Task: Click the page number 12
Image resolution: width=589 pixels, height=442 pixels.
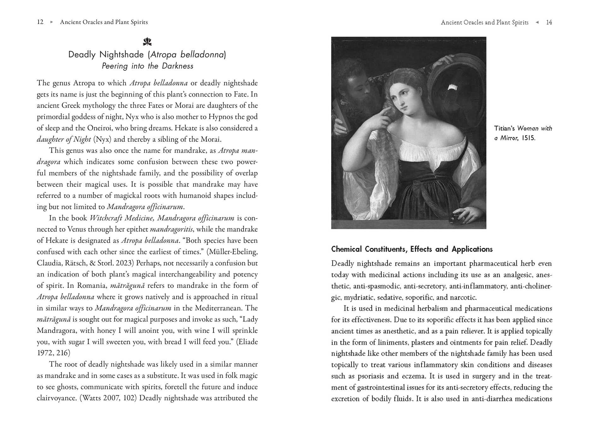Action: coord(40,22)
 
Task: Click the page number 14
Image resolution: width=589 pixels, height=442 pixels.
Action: coord(549,22)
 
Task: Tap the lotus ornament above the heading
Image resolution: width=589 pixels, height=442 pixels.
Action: coord(147,41)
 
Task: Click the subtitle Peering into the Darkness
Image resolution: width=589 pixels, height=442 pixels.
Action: coord(147,66)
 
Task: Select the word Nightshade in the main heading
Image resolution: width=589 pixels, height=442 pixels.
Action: coord(122,55)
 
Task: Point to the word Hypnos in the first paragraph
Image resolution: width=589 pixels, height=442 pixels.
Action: coord(223,117)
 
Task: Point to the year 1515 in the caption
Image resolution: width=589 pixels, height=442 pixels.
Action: coord(528,138)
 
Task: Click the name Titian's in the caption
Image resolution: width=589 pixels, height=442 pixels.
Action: coord(504,128)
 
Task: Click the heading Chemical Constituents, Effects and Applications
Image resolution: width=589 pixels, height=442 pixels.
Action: coord(412,249)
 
